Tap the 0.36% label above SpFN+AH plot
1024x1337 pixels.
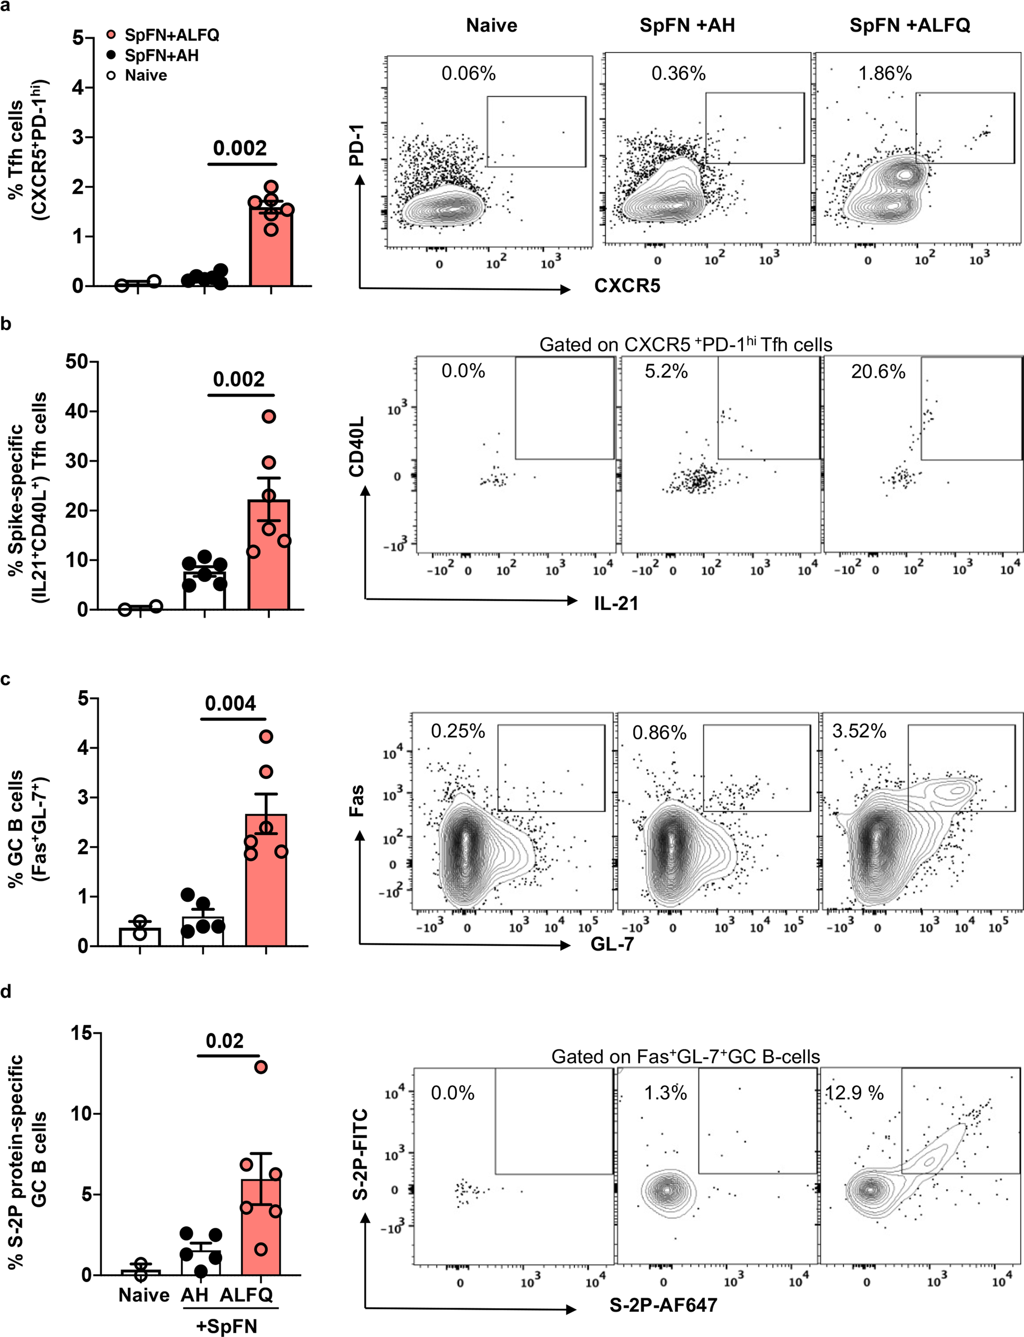tap(678, 74)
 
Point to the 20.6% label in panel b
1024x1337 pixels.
tap(878, 372)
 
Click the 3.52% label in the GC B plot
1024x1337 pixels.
tap(859, 731)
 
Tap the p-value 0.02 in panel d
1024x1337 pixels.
tap(224, 1040)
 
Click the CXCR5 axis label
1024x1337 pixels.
tap(627, 286)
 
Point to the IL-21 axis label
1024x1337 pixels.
tap(616, 603)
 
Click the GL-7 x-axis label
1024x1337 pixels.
tap(612, 944)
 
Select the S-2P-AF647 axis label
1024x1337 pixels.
tap(662, 1305)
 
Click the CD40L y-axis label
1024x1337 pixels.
tap(356, 447)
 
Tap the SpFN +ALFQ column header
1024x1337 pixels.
tap(909, 26)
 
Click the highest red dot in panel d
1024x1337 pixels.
tap(261, 1067)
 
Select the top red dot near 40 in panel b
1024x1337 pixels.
tap(269, 417)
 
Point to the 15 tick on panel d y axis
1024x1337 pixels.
tap(80, 1032)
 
